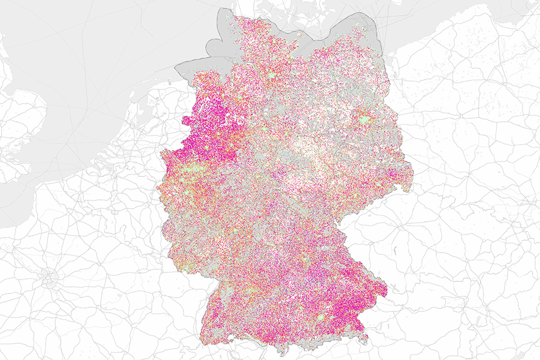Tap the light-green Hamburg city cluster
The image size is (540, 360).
click(x=272, y=76)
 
